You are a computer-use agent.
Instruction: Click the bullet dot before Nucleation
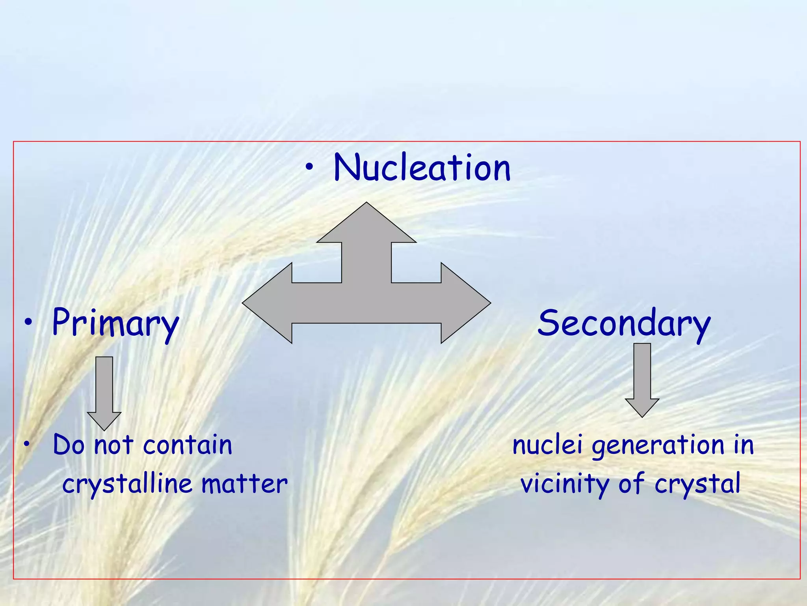click(x=310, y=168)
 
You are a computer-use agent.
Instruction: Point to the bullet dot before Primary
click(x=28, y=323)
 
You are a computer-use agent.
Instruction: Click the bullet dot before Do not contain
click(x=26, y=445)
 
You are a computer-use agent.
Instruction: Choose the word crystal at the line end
click(x=697, y=484)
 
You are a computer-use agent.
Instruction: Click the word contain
click(x=188, y=445)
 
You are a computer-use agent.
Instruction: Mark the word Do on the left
click(x=69, y=445)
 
